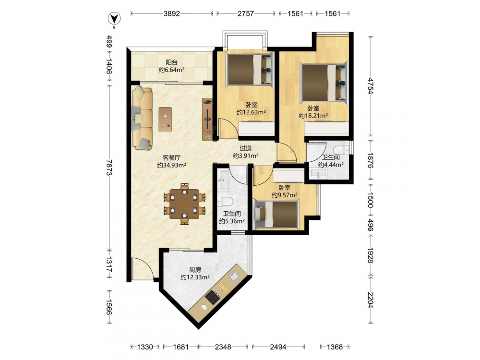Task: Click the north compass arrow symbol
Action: [x=115, y=19]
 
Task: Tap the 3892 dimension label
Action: [x=171, y=13]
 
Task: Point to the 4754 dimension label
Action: [x=371, y=86]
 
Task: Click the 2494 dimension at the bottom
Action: [x=278, y=347]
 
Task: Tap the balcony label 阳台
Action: [x=171, y=62]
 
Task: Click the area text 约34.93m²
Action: [x=172, y=165]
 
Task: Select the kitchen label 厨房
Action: [x=195, y=270]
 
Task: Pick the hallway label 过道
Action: [x=245, y=148]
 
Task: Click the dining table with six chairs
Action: [x=184, y=204]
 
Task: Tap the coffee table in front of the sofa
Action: [x=165, y=119]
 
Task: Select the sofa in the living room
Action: [x=142, y=119]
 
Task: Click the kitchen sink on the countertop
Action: [x=235, y=276]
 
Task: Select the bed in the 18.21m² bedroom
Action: [x=324, y=83]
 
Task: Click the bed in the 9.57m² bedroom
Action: [x=276, y=214]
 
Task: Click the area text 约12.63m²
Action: [x=252, y=112]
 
